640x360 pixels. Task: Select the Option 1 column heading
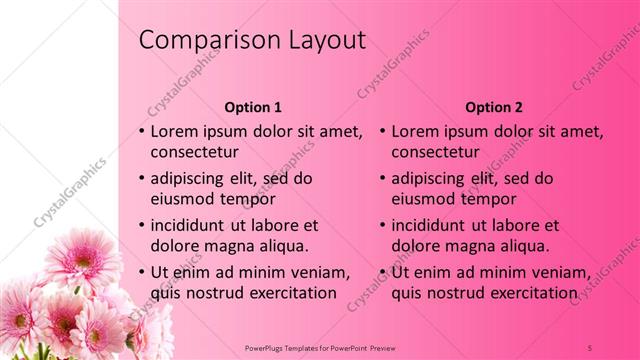(253, 107)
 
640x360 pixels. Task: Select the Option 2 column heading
(494, 107)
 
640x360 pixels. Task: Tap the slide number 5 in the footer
(591, 347)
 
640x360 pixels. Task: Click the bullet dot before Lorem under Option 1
(142, 131)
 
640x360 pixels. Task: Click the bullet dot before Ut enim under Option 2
(383, 271)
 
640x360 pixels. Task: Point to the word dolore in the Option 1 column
(174, 245)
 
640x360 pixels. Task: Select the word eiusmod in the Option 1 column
(183, 199)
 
